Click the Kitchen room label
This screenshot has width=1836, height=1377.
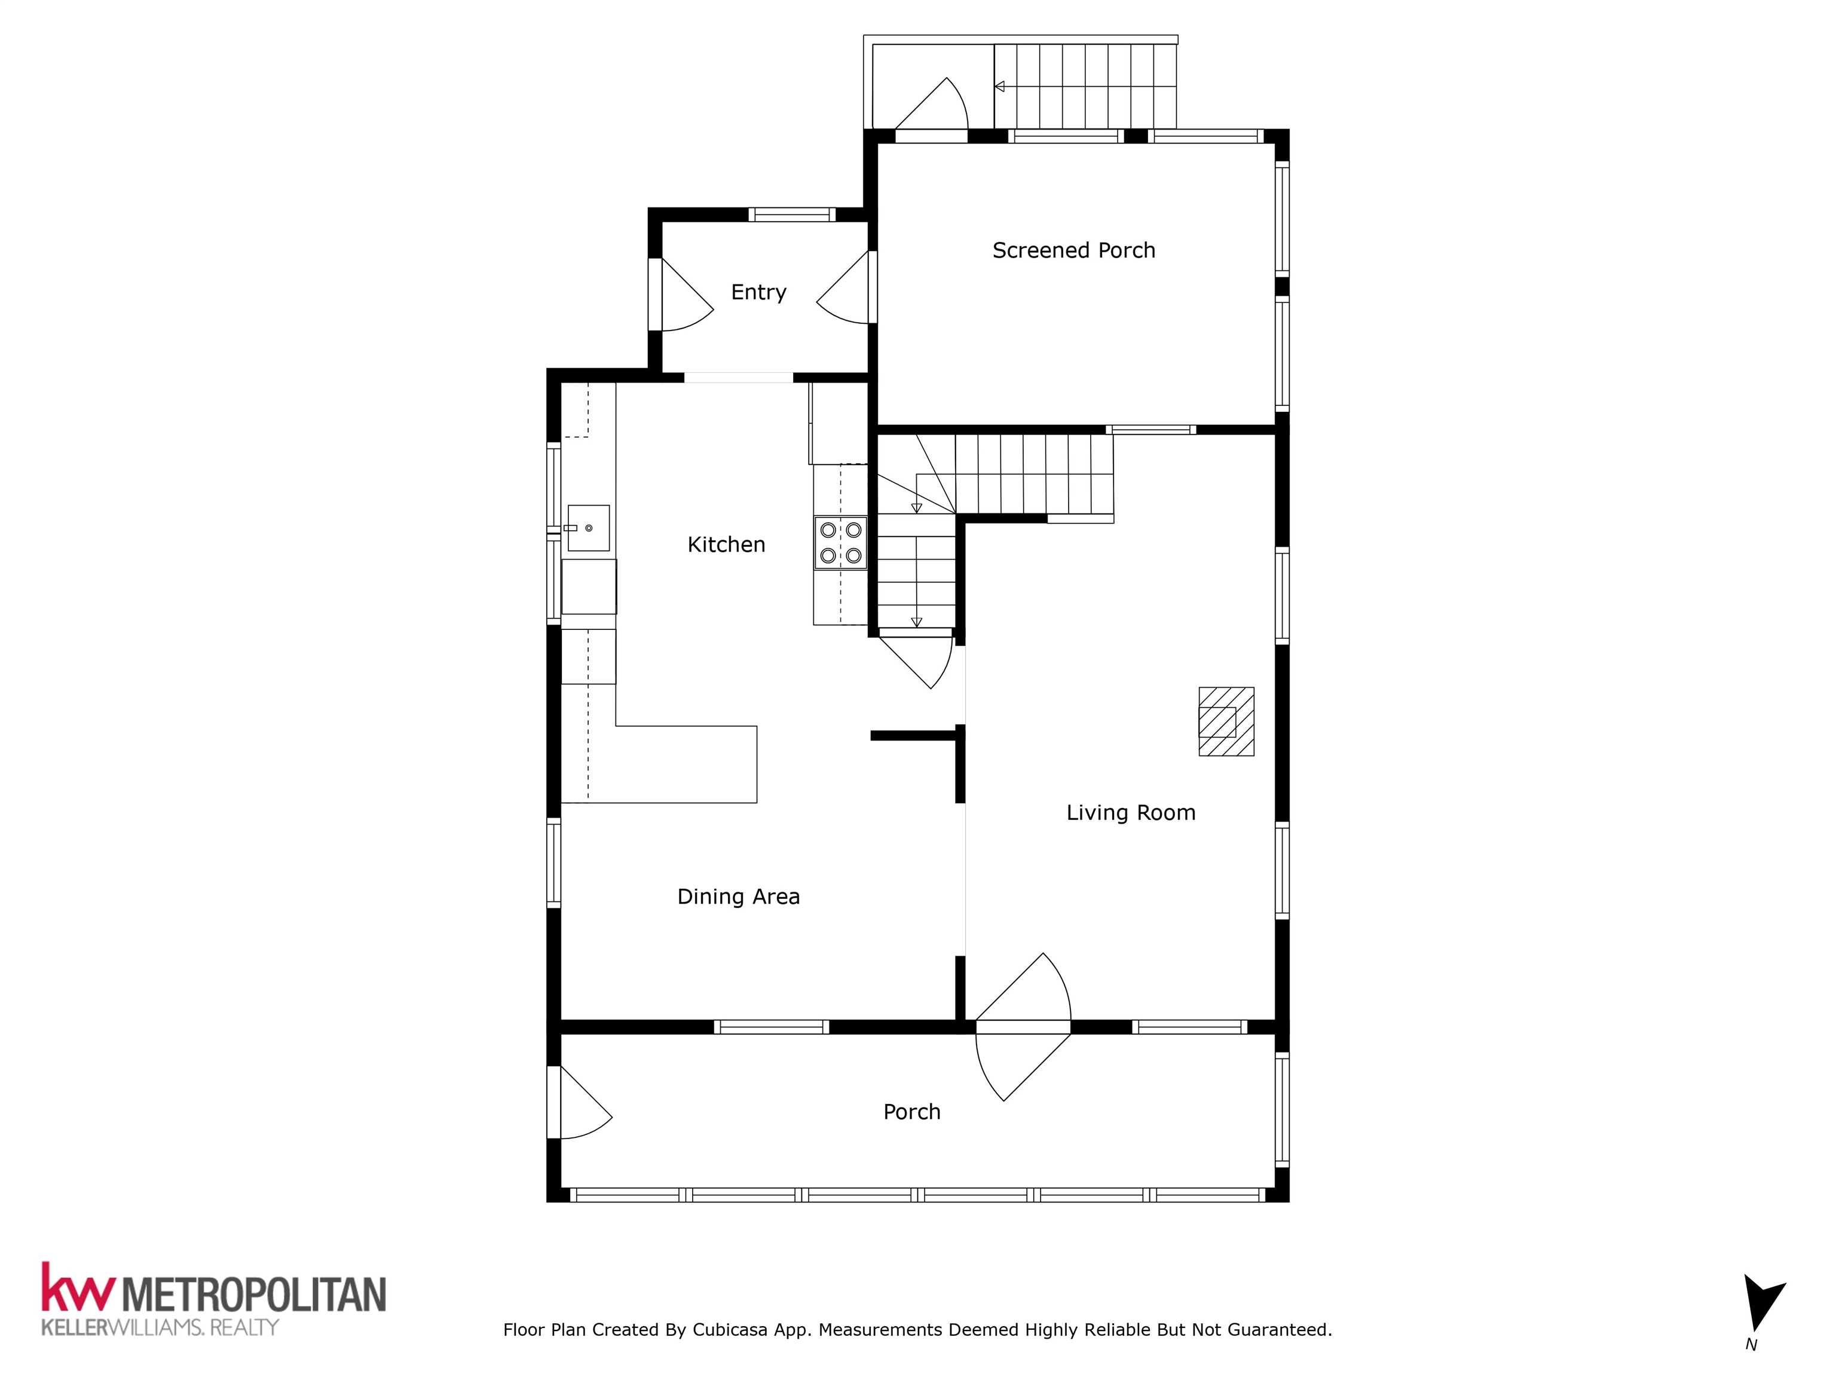(726, 544)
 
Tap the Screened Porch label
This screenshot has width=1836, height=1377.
(1073, 250)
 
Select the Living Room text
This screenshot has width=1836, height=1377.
(1131, 813)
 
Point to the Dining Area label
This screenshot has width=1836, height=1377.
(738, 896)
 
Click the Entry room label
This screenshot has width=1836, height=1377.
(758, 292)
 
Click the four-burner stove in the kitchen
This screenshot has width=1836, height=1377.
(840, 543)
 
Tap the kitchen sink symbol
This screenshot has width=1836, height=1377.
(589, 528)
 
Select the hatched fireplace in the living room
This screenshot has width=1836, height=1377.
(1226, 721)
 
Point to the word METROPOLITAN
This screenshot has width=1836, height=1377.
(255, 1293)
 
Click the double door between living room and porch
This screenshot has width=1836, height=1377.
(1023, 1027)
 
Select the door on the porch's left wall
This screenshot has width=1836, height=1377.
(579, 1101)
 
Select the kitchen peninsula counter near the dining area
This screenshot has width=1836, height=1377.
(659, 764)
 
